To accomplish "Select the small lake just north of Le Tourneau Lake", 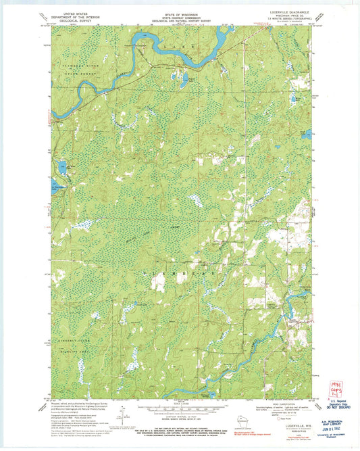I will (x=62, y=166).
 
